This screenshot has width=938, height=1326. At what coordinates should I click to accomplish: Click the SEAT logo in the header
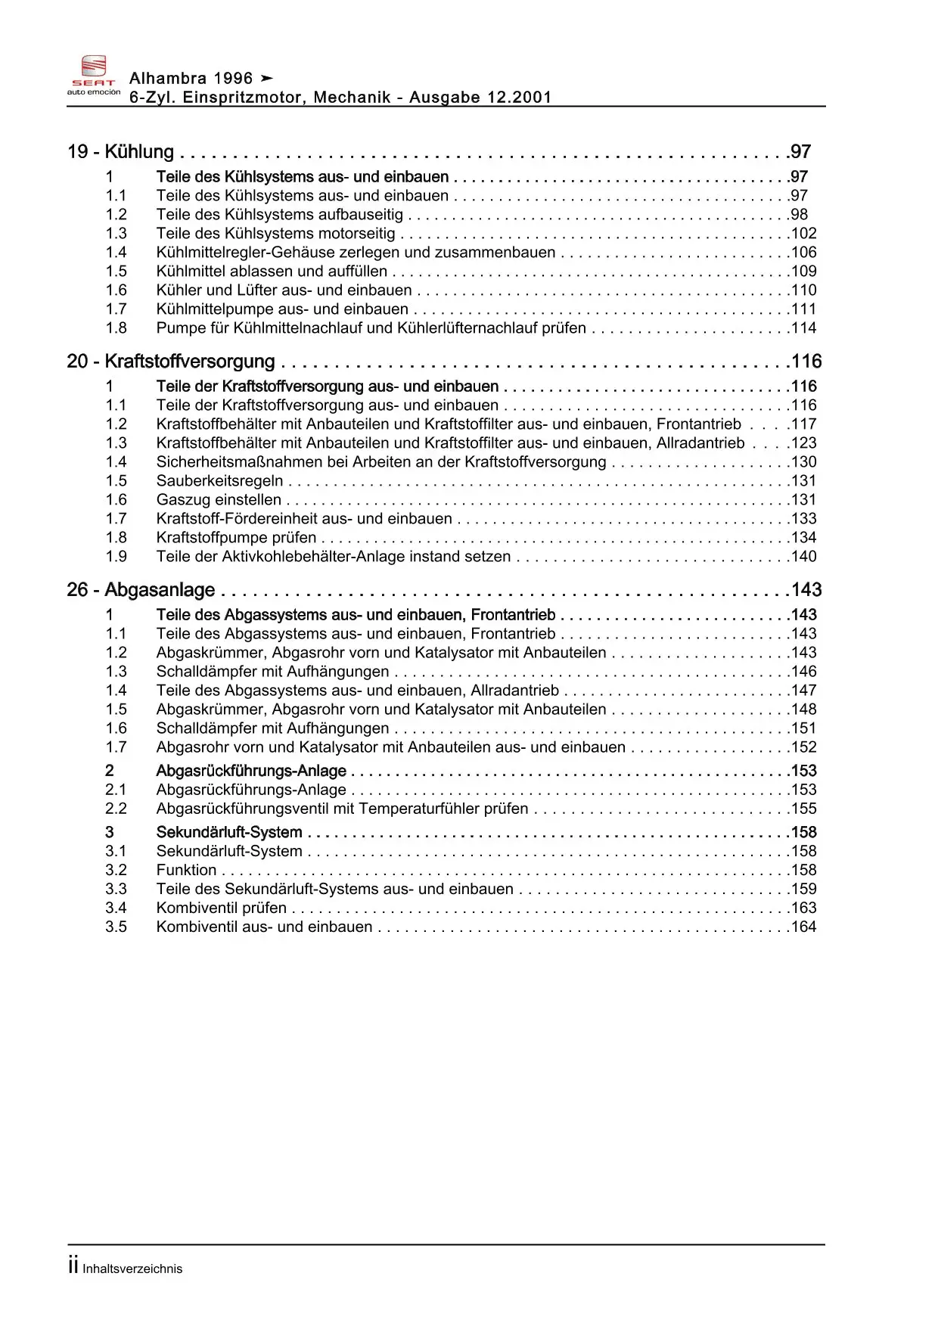[94, 74]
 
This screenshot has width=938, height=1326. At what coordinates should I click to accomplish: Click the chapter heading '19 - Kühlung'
[120, 152]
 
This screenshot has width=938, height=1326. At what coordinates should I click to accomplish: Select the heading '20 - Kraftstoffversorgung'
[171, 362]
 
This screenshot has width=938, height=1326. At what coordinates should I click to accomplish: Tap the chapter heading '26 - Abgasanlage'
[141, 590]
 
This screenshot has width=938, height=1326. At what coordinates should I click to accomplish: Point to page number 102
[803, 234]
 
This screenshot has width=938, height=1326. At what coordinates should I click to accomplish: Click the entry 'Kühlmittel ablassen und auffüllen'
[272, 272]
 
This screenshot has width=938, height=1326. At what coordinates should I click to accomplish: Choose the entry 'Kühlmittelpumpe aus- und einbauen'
[282, 309]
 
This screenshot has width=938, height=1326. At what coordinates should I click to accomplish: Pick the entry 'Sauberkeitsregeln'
[219, 481]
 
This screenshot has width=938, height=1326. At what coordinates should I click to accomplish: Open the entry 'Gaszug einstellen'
[219, 500]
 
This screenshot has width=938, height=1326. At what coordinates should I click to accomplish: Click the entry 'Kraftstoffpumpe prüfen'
[236, 538]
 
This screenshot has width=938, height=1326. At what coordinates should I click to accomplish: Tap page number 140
[803, 557]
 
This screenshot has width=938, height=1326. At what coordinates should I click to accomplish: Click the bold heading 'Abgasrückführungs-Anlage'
[251, 771]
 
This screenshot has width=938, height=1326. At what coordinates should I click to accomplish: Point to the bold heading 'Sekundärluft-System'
[229, 833]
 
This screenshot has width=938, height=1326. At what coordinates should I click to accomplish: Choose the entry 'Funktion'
[186, 871]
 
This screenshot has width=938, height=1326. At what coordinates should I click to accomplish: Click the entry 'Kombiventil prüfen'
[221, 908]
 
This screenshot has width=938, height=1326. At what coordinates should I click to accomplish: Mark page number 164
[803, 927]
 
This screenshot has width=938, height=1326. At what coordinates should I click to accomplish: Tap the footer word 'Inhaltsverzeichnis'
[132, 1269]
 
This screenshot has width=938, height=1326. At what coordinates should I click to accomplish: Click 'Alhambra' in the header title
[168, 78]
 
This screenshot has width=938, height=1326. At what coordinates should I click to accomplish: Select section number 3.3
[116, 890]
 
